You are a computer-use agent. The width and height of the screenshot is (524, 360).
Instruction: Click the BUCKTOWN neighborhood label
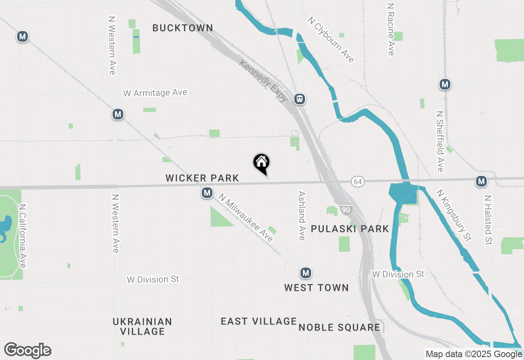pyautogui.click(x=183, y=28)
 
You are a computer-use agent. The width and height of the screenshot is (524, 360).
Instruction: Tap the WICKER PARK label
pyautogui.click(x=202, y=178)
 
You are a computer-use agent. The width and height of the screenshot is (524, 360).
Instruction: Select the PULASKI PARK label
pyautogui.click(x=350, y=229)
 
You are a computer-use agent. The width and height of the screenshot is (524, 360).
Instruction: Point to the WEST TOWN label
pyautogui.click(x=316, y=288)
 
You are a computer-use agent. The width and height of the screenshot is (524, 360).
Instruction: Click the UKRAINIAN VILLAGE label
pyautogui.click(x=142, y=326)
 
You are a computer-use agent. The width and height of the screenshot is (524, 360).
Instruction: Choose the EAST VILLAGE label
pyautogui.click(x=259, y=321)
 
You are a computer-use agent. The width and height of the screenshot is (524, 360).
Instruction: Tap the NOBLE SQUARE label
pyautogui.click(x=339, y=327)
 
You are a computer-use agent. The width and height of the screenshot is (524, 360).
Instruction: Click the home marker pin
pyautogui.click(x=261, y=163)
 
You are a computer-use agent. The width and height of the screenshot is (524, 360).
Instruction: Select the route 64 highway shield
pyautogui.click(x=358, y=181)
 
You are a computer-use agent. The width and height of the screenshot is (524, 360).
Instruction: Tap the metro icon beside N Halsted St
pyautogui.click(x=481, y=181)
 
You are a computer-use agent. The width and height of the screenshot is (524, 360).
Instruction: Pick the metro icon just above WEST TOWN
pyautogui.click(x=305, y=273)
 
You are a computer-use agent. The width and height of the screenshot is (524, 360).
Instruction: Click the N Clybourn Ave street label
pyautogui.click(x=331, y=40)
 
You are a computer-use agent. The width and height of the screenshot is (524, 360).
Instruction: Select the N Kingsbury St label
pyautogui.click(x=454, y=215)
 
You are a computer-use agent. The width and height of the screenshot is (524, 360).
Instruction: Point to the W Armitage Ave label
pyautogui.click(x=155, y=93)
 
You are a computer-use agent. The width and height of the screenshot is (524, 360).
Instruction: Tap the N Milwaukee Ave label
pyautogui.click(x=246, y=218)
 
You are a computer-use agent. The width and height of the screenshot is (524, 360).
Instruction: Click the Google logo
pyautogui.click(x=28, y=350)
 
